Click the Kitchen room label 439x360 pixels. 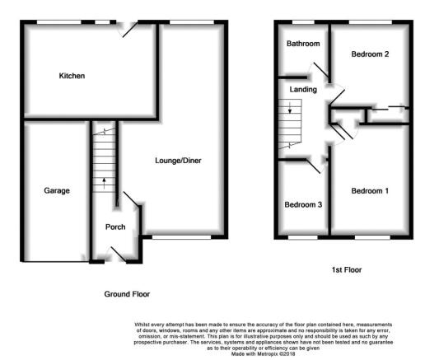point(72,76)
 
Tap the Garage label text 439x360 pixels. point(57,190)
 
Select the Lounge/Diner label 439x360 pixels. point(178,161)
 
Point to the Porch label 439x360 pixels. point(115,227)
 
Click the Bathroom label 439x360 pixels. point(303,44)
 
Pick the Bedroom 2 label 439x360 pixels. point(370,54)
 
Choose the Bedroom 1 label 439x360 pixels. point(370,191)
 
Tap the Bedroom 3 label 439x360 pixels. point(303,204)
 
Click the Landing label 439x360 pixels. point(303,90)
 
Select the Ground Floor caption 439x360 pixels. point(127,294)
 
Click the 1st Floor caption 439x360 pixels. point(347,270)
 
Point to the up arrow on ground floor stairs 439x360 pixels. point(104,184)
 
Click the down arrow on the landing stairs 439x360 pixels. point(290,108)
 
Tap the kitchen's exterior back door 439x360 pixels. point(129,30)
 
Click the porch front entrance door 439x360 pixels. point(119,255)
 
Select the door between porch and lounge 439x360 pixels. point(131,199)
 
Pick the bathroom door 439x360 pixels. point(320,70)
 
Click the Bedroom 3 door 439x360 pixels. point(314,166)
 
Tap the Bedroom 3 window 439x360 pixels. point(303,237)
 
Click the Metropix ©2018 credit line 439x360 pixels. point(264,354)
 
